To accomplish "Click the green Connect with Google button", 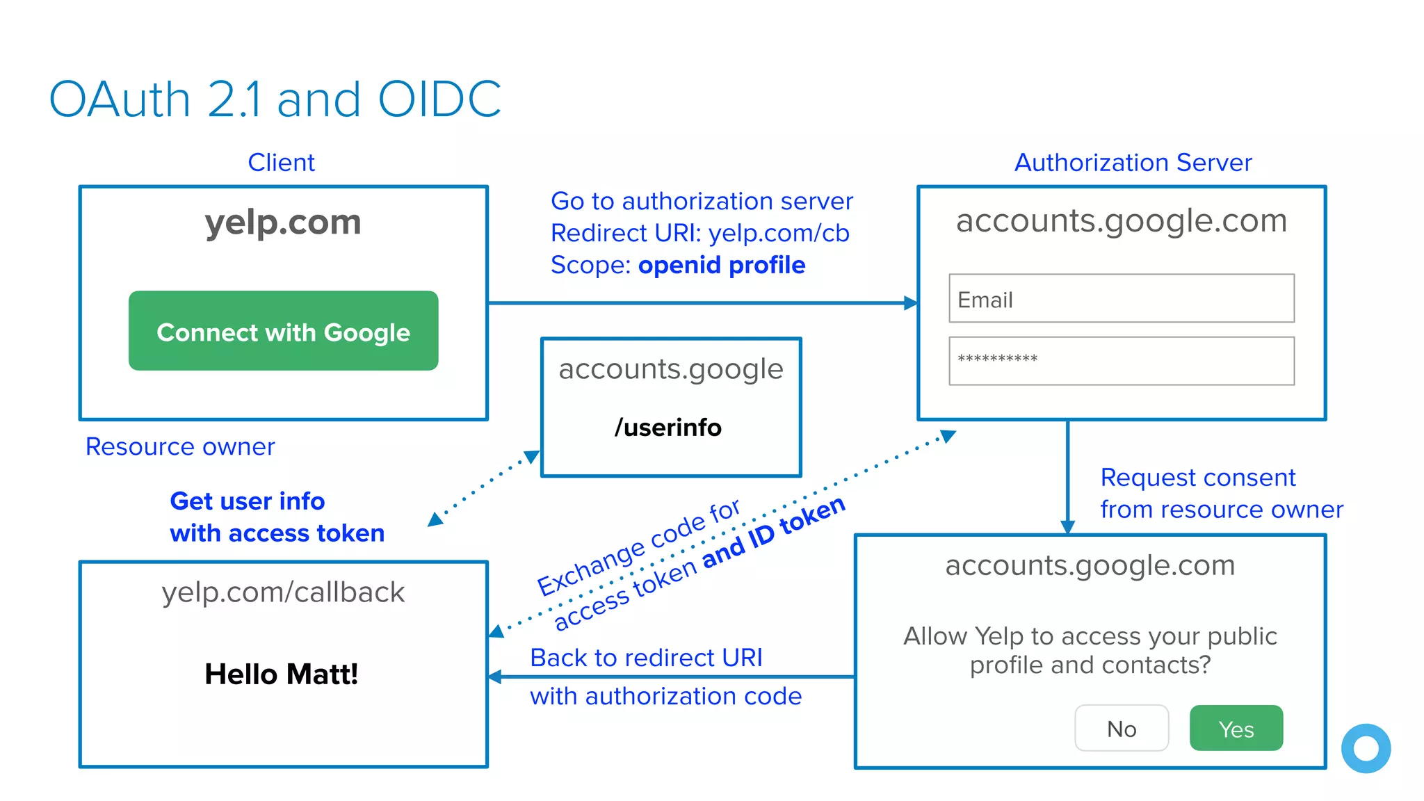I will (x=283, y=331).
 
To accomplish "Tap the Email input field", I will (x=1121, y=298).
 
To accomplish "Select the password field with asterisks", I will (x=1121, y=361).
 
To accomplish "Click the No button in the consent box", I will (x=1121, y=728).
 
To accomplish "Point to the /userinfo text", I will (x=667, y=427).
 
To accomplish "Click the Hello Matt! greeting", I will (x=281, y=674).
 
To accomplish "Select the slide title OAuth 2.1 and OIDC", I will (x=275, y=99).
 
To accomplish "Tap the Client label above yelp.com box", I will (x=281, y=162).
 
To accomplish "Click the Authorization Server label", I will (x=1133, y=162).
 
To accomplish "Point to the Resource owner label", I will (x=180, y=446).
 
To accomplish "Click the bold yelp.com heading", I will (x=283, y=222).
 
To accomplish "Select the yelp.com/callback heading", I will (x=283, y=592).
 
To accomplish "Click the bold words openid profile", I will (x=722, y=265).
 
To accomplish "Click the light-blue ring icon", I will (x=1366, y=748).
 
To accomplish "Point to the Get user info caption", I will (x=247, y=501).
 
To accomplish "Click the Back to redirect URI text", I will (x=646, y=657).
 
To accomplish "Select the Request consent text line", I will (x=1197, y=478).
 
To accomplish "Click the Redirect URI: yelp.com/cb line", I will (x=699, y=233).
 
